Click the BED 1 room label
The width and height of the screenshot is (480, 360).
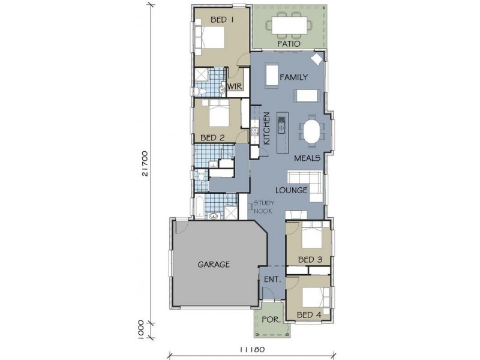(222, 20)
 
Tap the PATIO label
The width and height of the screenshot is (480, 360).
(289, 44)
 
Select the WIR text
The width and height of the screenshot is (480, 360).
(235, 86)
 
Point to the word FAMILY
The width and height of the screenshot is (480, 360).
(294, 77)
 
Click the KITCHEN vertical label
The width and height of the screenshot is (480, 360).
(266, 128)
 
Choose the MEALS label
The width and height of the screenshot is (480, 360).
(307, 158)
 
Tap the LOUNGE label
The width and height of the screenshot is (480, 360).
(291, 190)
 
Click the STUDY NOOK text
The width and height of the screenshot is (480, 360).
(263, 206)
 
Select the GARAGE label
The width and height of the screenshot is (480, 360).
(214, 264)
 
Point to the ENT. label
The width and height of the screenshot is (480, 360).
(272, 280)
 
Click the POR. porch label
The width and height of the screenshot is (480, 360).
(271, 320)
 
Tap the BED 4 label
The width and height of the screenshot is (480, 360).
(309, 314)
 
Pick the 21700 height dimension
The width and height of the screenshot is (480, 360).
(145, 163)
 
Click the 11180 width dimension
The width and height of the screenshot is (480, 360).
(252, 349)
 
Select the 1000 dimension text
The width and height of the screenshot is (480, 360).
(141, 329)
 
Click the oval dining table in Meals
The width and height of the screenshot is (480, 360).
(311, 131)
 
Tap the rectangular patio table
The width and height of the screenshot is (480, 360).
(289, 25)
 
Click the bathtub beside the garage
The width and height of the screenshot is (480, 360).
(199, 208)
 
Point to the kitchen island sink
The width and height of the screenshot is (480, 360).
(281, 125)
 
